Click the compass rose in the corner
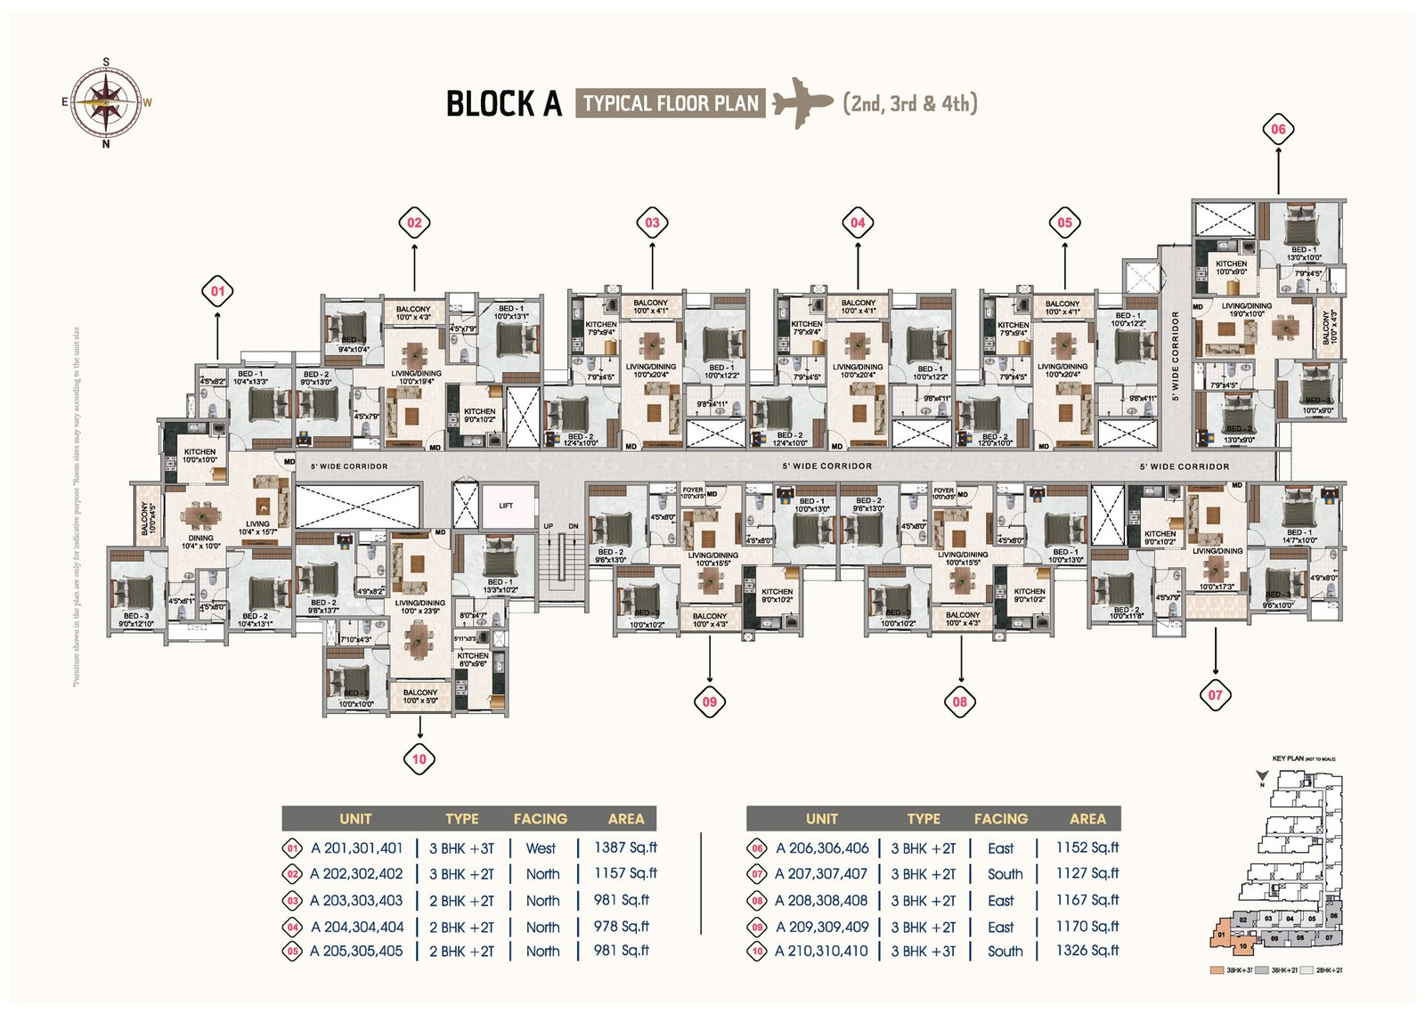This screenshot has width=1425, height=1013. (x=106, y=101)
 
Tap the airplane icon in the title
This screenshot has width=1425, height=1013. (x=802, y=102)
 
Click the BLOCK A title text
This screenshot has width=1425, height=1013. (x=503, y=103)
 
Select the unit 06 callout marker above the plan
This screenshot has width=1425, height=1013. (x=1278, y=129)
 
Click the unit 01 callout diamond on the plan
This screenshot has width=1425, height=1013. (x=217, y=291)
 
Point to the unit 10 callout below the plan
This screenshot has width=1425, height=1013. (x=419, y=759)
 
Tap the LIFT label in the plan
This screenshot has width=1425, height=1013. (x=506, y=506)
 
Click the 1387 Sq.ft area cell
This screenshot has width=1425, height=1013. (x=625, y=847)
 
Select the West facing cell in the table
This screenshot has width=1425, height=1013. (x=541, y=848)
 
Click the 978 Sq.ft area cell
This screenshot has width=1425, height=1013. (x=622, y=927)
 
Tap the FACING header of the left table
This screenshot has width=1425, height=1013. (x=540, y=819)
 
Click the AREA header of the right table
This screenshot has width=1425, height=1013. (x=1087, y=819)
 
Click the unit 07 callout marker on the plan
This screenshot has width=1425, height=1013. (x=1215, y=694)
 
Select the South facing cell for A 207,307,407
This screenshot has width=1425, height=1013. (x=1005, y=874)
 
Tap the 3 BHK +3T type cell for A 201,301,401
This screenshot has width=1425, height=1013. (x=461, y=848)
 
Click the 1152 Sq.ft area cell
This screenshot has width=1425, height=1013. (x=1087, y=847)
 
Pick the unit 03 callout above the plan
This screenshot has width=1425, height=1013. (x=652, y=223)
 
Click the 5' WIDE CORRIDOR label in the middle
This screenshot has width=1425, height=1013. (x=827, y=466)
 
